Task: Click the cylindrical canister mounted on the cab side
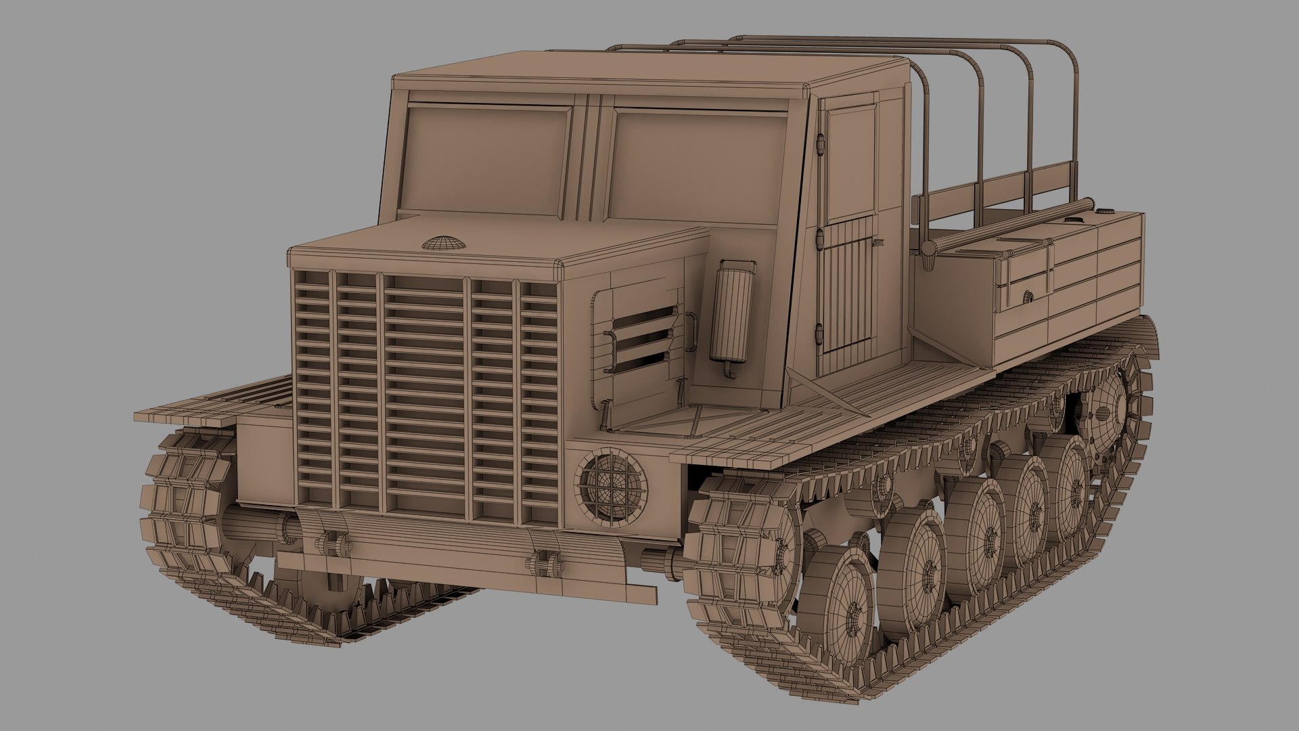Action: point(732,311)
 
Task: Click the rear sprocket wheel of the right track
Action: point(1110,406)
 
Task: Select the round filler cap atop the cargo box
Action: point(1072,220)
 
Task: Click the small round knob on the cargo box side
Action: point(1028,296)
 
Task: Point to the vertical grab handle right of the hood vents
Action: point(691,332)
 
